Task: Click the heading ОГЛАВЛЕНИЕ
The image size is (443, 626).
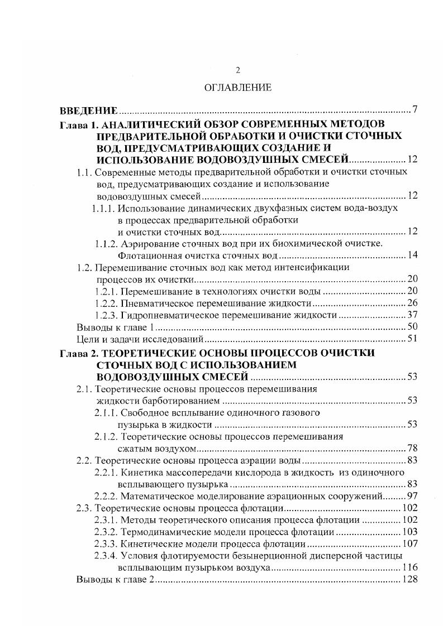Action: tap(238, 88)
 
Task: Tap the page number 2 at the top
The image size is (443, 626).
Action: tap(238, 70)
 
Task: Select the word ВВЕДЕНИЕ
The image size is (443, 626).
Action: tap(88, 109)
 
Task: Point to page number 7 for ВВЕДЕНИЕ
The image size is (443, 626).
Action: tap(415, 109)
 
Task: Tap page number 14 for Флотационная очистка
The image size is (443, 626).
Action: tap(412, 256)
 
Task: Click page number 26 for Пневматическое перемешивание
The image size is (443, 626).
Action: tap(412, 304)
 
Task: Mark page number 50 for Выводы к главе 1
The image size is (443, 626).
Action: tap(412, 327)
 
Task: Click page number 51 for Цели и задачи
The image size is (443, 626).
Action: tap(412, 339)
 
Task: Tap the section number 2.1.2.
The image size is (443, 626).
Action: tap(106, 437)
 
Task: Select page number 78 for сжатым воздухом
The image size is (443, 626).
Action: tap(412, 449)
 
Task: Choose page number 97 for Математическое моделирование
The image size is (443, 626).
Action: tap(412, 496)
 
